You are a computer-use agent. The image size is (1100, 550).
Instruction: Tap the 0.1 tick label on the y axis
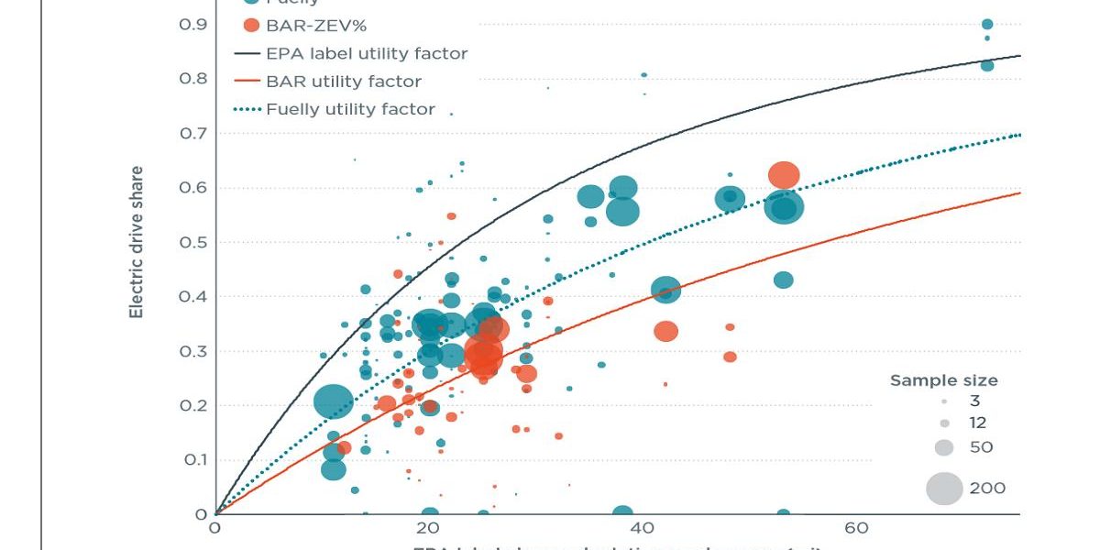tap(193, 459)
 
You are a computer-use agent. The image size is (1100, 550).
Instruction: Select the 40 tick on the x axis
tap(642, 528)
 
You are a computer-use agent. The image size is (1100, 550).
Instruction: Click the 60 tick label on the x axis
tap(856, 528)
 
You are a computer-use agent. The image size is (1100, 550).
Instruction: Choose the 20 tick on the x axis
tap(427, 528)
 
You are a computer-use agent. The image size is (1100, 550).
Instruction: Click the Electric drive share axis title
tap(136, 242)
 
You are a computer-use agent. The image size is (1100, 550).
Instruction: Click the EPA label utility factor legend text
tap(367, 53)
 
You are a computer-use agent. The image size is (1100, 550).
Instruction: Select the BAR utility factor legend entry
tap(344, 82)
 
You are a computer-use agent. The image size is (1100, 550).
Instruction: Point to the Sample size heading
tap(944, 380)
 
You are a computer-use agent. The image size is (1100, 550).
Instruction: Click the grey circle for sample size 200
tap(944, 488)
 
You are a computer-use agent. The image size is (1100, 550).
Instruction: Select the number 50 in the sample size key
tap(981, 447)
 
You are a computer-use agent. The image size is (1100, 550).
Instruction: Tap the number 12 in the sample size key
tap(978, 423)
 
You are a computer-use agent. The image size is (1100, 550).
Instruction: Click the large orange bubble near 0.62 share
tap(784, 174)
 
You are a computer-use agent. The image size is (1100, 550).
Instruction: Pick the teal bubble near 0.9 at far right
tap(987, 25)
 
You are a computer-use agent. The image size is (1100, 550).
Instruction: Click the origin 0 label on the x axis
tap(214, 528)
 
